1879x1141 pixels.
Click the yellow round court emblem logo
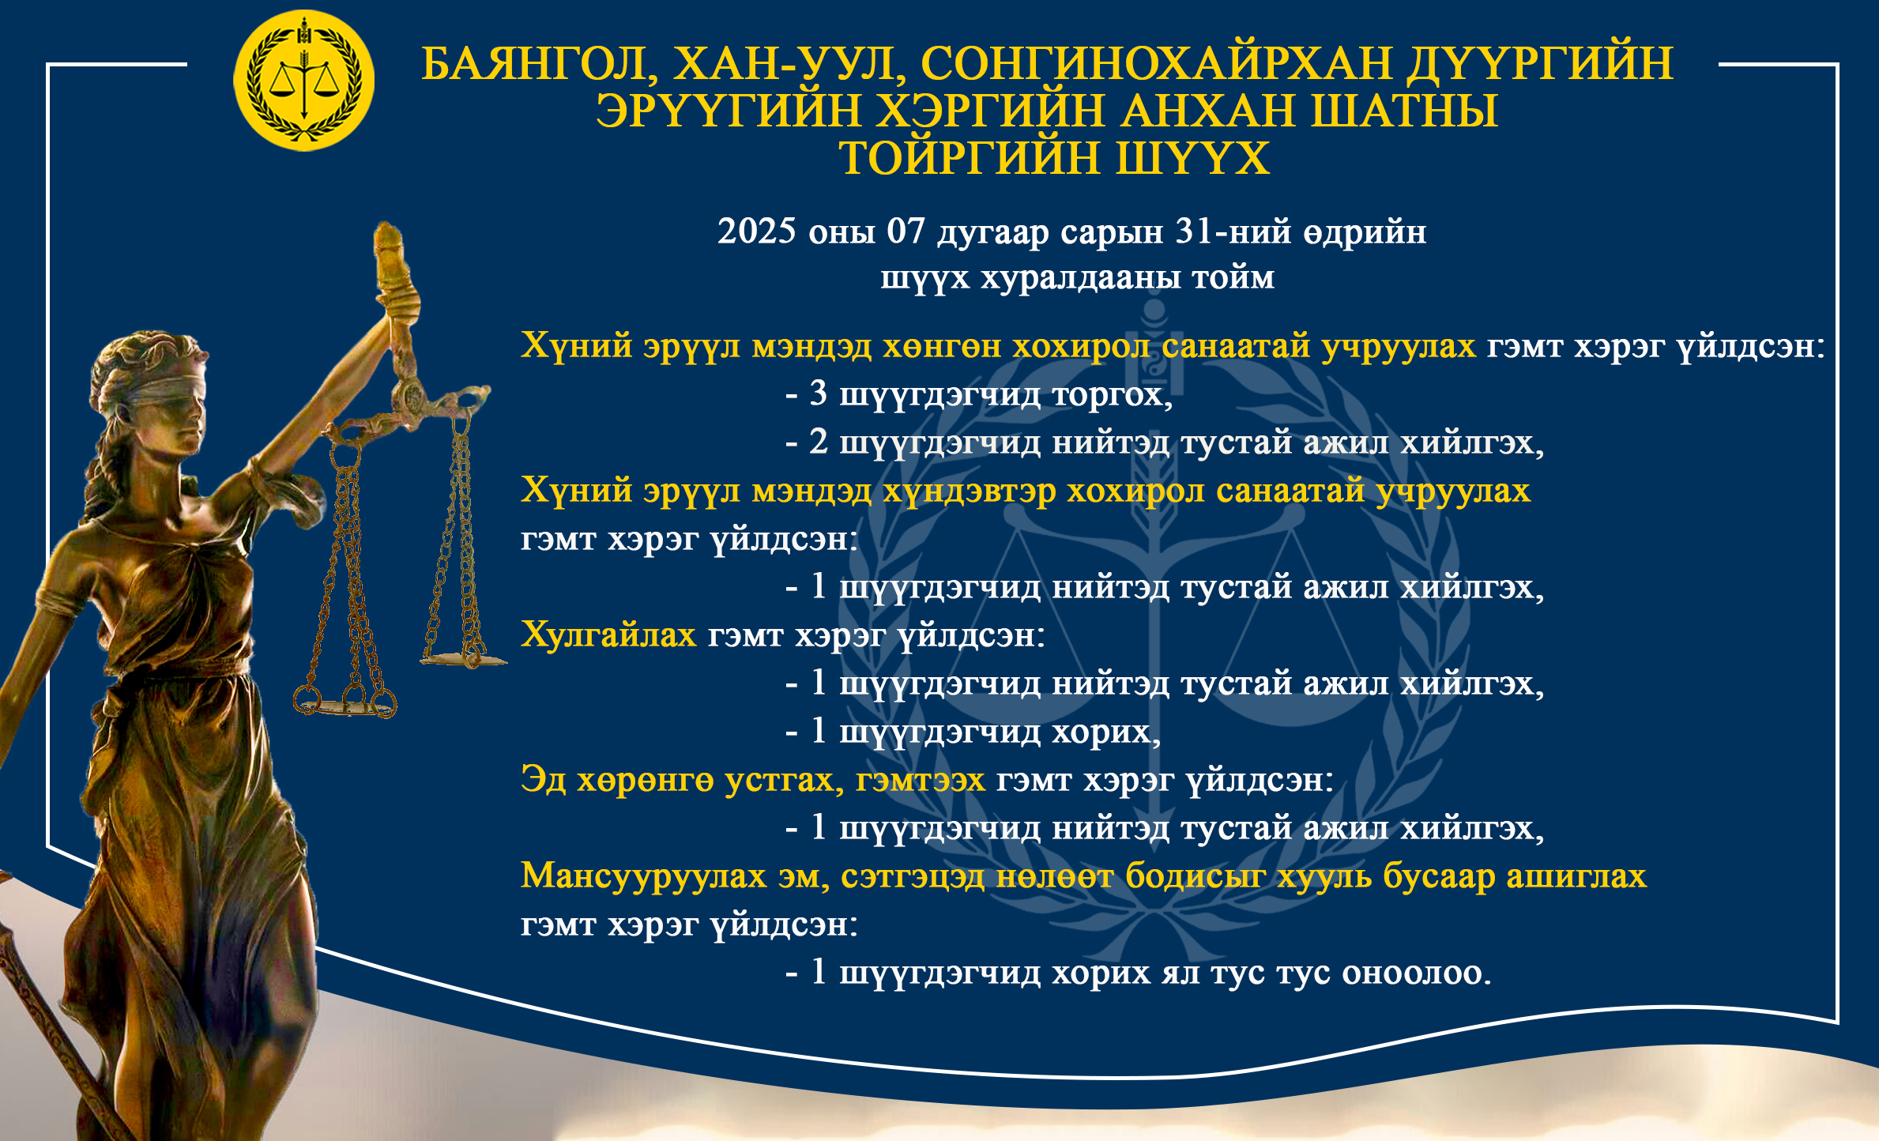click(304, 80)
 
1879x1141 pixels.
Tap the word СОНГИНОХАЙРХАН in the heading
click(1156, 63)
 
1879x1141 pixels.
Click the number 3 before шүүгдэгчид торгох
click(818, 394)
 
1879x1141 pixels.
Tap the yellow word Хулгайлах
click(608, 635)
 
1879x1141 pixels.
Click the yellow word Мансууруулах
click(643, 876)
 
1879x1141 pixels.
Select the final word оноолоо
click(1416, 973)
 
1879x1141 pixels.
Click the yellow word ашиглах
click(1576, 876)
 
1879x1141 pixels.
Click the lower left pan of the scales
click(345, 704)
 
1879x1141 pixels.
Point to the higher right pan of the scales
click(463, 658)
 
